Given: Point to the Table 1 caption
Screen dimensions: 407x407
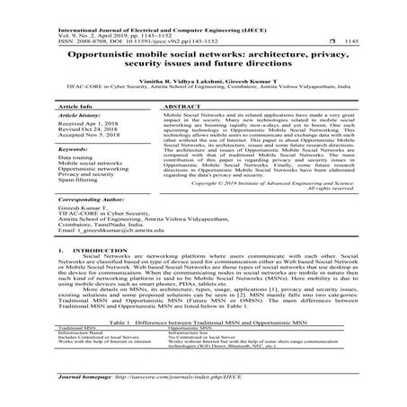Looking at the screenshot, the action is [x=203, y=321].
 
